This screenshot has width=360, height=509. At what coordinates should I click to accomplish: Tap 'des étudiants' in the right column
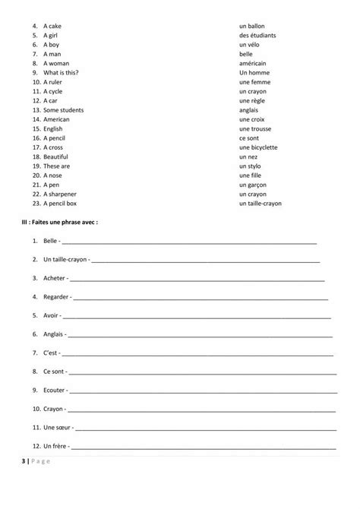[257, 35]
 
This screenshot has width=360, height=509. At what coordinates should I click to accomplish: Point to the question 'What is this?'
[62, 72]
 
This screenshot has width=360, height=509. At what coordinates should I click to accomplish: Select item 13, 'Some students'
[64, 109]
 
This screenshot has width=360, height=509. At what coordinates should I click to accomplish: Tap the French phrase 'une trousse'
[256, 128]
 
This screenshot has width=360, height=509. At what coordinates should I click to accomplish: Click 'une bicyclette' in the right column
[258, 147]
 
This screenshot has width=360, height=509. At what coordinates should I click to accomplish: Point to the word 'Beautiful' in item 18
[56, 156]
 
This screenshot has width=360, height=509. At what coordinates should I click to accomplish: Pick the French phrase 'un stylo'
[250, 166]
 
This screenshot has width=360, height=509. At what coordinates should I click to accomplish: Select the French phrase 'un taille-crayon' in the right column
[261, 204]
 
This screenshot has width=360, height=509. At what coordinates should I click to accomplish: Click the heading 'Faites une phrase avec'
[64, 223]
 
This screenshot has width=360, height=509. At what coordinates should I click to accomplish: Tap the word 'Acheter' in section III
[55, 278]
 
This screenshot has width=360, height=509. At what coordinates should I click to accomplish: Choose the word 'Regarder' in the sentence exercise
[56, 296]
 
